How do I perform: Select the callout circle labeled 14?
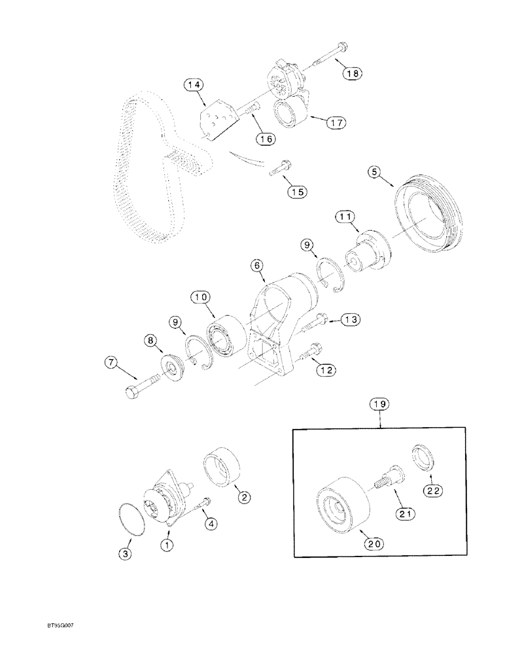coord(194,85)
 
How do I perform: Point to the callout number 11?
coord(346,216)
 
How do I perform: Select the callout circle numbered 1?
coord(168,544)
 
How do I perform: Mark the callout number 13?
coord(350,319)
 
